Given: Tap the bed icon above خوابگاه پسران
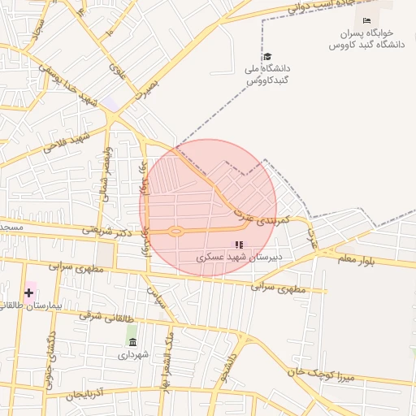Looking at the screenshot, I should click(x=366, y=20).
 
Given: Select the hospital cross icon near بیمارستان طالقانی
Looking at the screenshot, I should click(x=29, y=292).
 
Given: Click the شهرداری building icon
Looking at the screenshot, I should click(x=132, y=341).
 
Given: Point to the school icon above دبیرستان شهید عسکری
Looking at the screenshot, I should click(x=238, y=244).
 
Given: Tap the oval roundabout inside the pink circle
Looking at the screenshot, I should click(x=175, y=232).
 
